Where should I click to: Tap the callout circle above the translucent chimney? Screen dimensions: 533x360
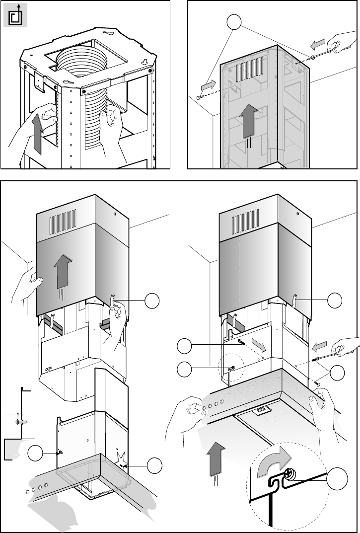pyautogui.click(x=234, y=22)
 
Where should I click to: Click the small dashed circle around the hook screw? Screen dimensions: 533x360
pyautogui.click(x=230, y=368)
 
